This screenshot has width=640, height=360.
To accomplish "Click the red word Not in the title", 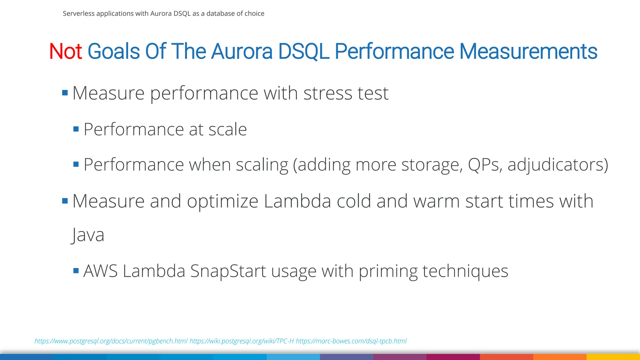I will pos(65,52).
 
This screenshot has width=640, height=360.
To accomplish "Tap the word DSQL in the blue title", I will pos(303,52).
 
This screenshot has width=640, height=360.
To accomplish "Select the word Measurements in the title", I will pos(528,52).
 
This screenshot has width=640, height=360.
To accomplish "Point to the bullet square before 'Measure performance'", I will pos(65,93).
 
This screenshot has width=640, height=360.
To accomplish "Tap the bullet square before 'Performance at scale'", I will pos(76,129).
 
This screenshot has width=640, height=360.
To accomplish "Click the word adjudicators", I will pos(557,165).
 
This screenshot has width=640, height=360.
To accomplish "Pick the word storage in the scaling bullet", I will pos(432,165).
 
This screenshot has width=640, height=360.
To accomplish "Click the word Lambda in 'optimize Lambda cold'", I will pos(297,201).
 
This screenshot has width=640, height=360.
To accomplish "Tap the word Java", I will pos(88,235).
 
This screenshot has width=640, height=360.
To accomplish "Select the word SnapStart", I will pos(228,271).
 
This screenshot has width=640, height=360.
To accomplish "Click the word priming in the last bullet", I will pos(387,271).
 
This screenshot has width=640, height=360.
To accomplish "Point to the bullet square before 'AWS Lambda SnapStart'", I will pos(76,271).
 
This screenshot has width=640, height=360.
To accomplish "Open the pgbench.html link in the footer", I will pos(111,341).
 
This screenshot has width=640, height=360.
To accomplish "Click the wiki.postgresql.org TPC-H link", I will pos(242,341).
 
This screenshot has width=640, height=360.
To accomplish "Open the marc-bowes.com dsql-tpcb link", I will pos(351,341).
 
